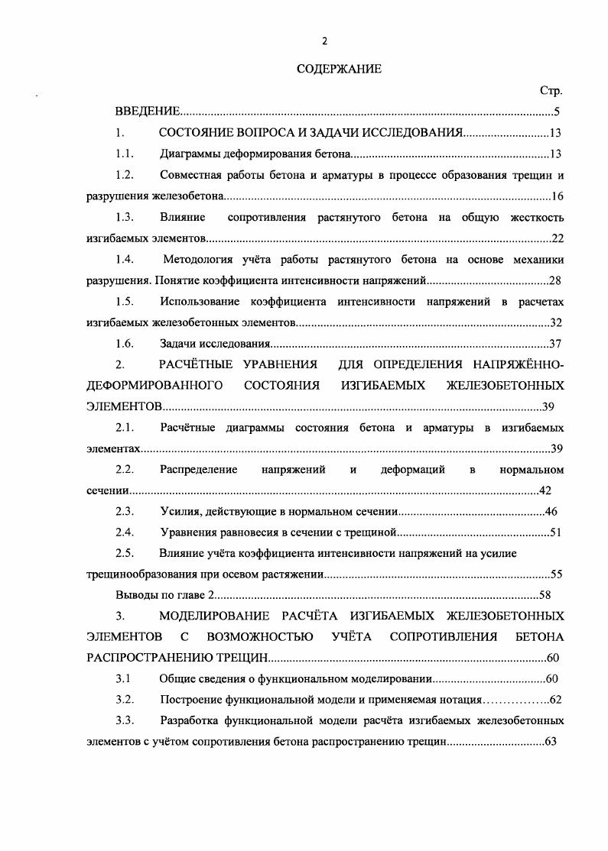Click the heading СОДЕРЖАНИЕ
coord(338,70)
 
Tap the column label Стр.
coord(551,91)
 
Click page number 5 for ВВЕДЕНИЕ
coord(558,112)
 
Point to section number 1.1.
coord(125,154)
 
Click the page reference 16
coord(557,196)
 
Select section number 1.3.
coord(125,218)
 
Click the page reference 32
coord(556,323)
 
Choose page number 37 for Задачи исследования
coord(556,344)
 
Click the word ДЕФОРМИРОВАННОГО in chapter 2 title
coord(154,385)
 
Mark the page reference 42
coord(545,490)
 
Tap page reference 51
coord(556,532)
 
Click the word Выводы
coord(135,594)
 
